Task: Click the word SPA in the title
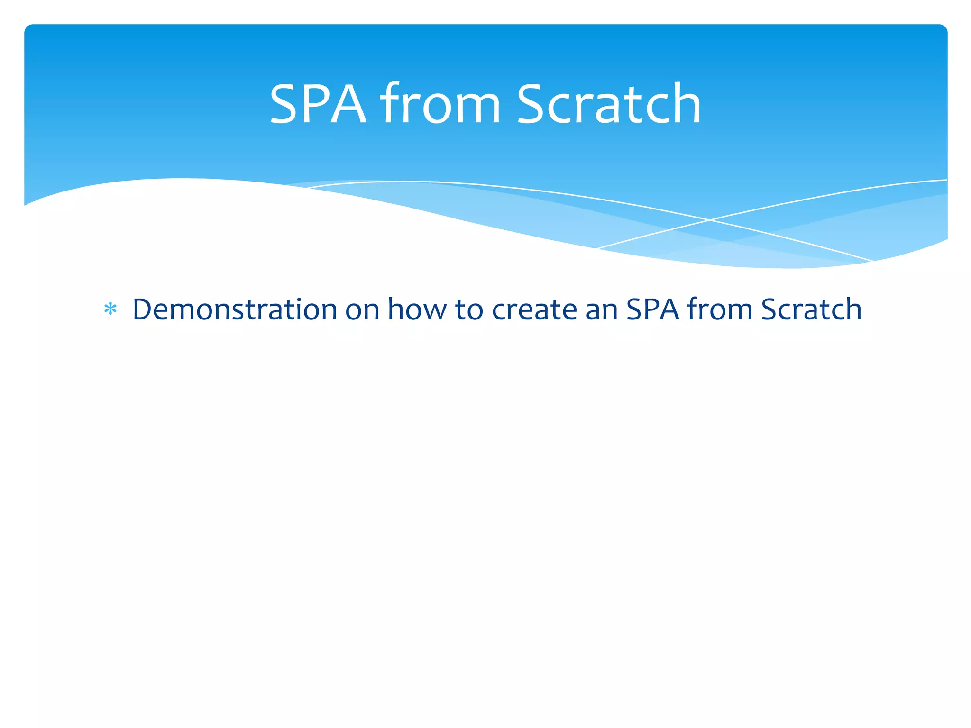coord(318,104)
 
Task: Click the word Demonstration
coord(235,309)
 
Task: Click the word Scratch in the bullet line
coord(811,309)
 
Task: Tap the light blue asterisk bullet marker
coord(110,309)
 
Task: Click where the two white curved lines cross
coord(710,220)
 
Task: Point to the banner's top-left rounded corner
coord(29,29)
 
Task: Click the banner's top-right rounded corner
coord(942,29)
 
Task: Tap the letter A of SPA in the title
coord(348,104)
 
